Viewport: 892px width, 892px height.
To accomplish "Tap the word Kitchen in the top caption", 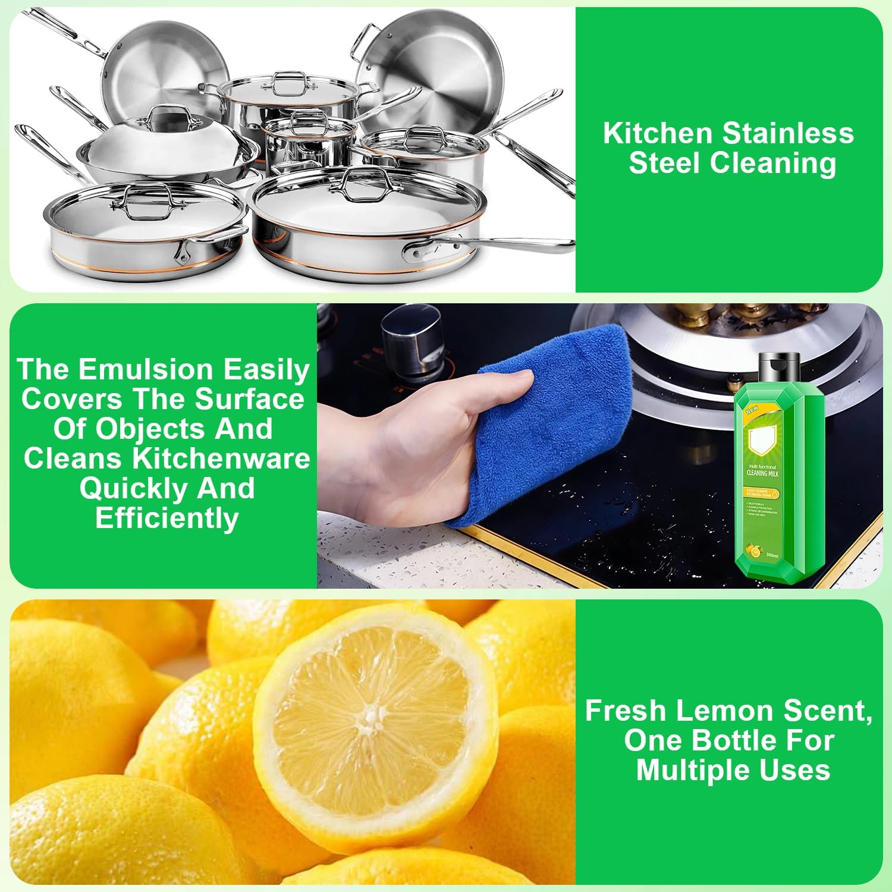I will click(x=658, y=133).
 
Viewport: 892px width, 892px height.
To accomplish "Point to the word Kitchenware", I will click(x=221, y=458).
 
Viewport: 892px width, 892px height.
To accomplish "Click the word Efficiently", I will click(x=167, y=519).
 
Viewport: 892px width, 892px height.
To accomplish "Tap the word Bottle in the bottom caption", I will click(x=736, y=740).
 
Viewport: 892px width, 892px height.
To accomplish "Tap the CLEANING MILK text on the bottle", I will click(x=762, y=474).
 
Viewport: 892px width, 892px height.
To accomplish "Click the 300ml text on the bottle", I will click(x=772, y=555).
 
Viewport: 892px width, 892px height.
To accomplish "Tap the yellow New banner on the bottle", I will click(x=752, y=410).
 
